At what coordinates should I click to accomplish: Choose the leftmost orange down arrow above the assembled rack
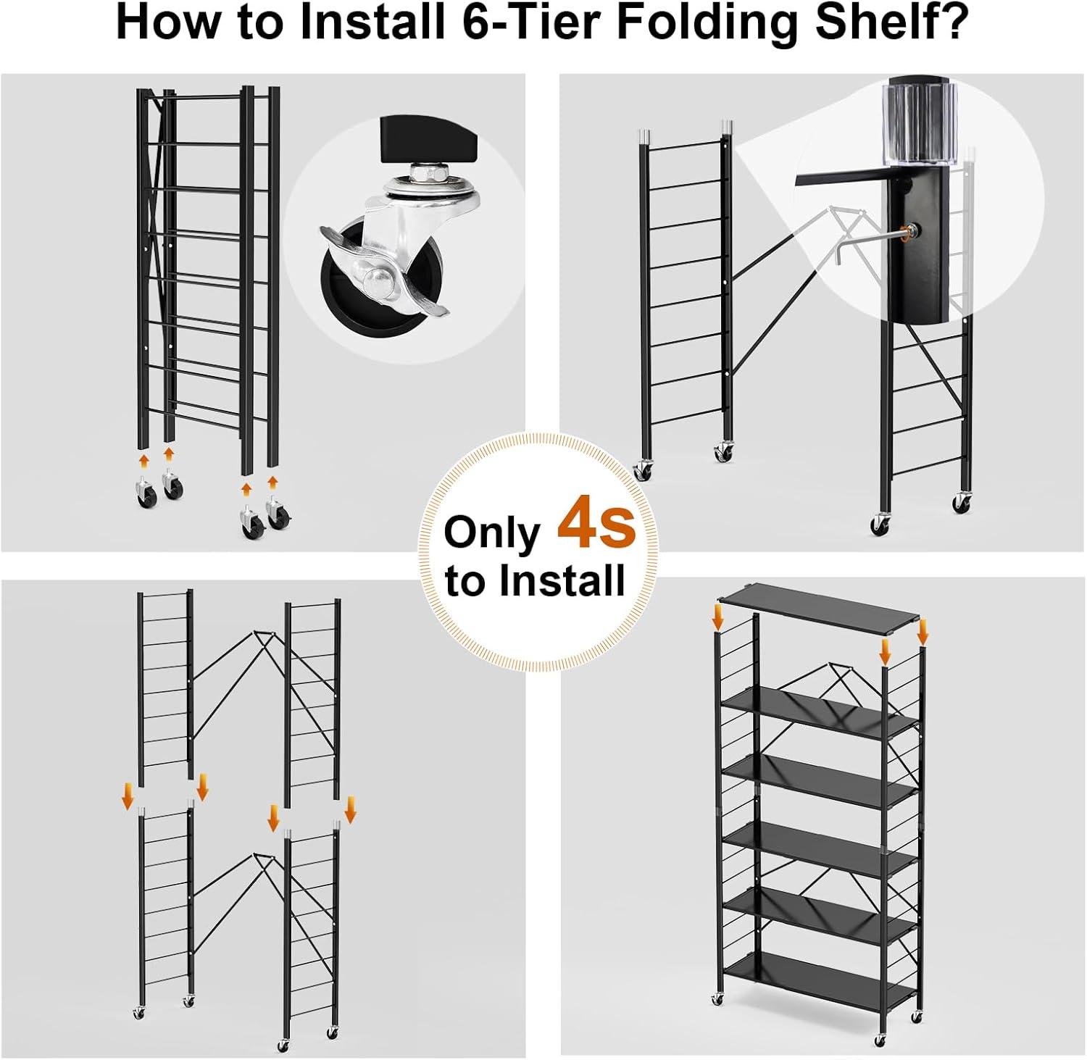(x=717, y=618)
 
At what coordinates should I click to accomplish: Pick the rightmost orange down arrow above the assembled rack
(x=923, y=631)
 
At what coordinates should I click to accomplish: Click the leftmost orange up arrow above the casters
(x=144, y=462)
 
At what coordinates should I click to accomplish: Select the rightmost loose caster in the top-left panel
(x=278, y=514)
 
